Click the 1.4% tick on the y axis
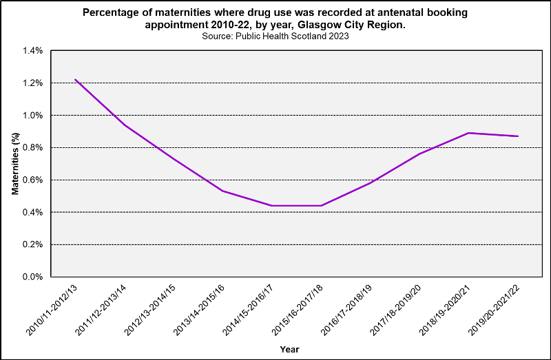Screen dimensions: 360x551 click(32, 51)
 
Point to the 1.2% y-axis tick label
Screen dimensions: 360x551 click(32, 83)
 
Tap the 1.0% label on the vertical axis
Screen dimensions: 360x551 click(32, 116)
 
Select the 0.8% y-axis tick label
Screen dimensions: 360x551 click(32, 148)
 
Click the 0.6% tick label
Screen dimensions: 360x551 click(32, 180)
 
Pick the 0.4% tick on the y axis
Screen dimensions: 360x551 click(32, 212)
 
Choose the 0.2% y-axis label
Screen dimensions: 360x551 click(32, 244)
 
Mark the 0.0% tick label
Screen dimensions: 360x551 click(32, 277)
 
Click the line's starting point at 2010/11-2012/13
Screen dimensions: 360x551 click(75, 80)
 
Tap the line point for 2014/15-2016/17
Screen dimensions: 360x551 click(272, 206)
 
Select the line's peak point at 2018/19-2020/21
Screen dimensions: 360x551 click(468, 133)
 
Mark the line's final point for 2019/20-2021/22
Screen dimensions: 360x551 click(518, 136)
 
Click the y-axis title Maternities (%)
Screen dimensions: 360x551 click(15, 164)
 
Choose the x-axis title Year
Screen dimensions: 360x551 click(289, 349)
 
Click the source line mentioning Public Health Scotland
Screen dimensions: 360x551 click(275, 36)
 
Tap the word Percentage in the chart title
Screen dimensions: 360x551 click(110, 12)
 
